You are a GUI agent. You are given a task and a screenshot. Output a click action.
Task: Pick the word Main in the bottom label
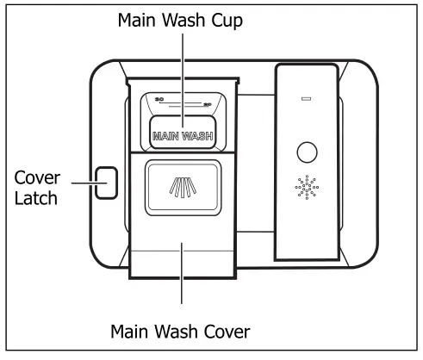[131, 330]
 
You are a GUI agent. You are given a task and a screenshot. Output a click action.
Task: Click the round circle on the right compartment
[307, 153]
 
